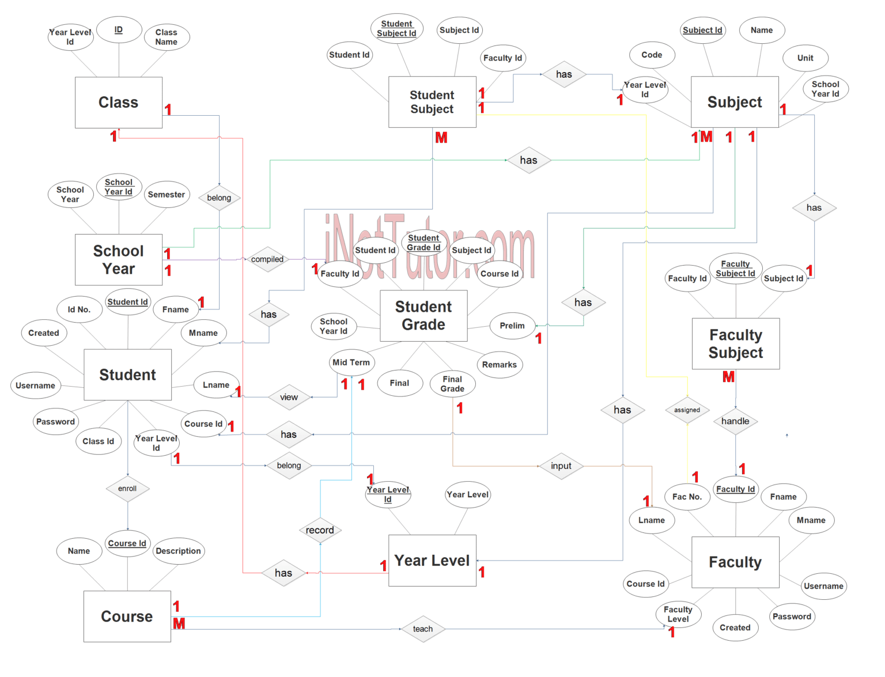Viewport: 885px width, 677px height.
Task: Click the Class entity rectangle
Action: [119, 103]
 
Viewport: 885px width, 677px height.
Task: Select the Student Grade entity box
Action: [423, 316]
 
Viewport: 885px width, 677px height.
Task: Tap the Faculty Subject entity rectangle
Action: [735, 344]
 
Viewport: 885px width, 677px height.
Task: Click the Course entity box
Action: [127, 617]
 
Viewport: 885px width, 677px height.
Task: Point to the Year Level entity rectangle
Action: [432, 561]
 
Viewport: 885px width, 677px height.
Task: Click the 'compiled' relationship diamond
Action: [267, 259]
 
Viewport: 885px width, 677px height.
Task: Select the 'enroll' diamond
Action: [127, 489]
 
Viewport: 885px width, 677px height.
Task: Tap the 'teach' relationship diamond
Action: [422, 629]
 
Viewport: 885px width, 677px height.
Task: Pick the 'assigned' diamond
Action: [687, 410]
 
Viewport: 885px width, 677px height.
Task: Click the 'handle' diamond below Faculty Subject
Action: [735, 421]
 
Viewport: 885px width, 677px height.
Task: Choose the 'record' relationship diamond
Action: [320, 530]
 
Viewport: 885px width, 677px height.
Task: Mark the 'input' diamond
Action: [561, 466]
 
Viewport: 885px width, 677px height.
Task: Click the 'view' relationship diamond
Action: [289, 397]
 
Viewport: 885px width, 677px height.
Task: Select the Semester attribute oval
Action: [167, 195]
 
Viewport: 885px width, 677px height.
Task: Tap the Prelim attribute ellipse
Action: [512, 326]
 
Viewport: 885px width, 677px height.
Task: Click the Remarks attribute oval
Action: [500, 365]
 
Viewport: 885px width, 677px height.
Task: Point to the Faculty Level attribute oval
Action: [678, 614]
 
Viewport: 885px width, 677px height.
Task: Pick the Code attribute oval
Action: [652, 55]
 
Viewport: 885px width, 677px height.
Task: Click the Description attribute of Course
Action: [178, 551]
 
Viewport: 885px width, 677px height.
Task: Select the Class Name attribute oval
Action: [166, 37]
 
